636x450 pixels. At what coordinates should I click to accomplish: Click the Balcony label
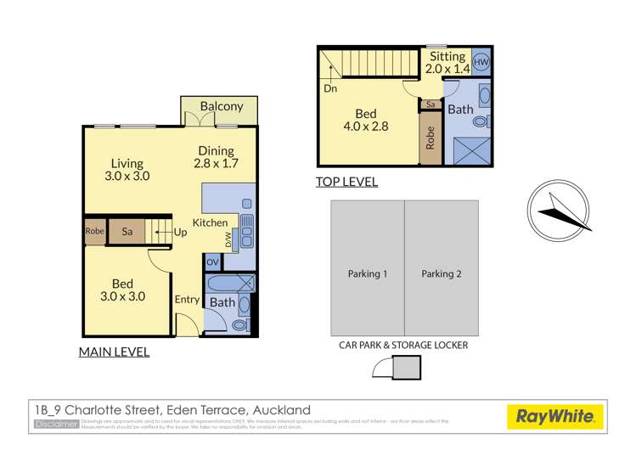pyautogui.click(x=221, y=107)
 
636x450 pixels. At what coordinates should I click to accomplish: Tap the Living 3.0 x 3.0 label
pyautogui.click(x=126, y=170)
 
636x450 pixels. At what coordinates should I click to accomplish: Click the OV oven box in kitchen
pyautogui.click(x=212, y=262)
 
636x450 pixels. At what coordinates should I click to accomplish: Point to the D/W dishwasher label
pyautogui.click(x=228, y=240)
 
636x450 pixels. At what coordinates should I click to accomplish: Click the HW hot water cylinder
pyautogui.click(x=481, y=62)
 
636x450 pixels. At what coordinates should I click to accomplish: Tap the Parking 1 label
pyautogui.click(x=367, y=274)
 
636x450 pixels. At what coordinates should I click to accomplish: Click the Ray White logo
pyautogui.click(x=554, y=416)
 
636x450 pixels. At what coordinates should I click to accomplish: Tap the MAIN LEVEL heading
pyautogui.click(x=114, y=352)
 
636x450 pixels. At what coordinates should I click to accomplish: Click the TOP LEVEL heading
pyautogui.click(x=346, y=182)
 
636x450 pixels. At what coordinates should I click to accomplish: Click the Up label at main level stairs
pyautogui.click(x=180, y=231)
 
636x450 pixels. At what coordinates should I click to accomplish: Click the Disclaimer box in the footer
pyautogui.click(x=56, y=423)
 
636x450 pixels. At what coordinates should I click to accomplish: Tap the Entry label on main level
pyautogui.click(x=187, y=300)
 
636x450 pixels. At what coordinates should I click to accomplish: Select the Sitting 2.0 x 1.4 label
pyautogui.click(x=447, y=62)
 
